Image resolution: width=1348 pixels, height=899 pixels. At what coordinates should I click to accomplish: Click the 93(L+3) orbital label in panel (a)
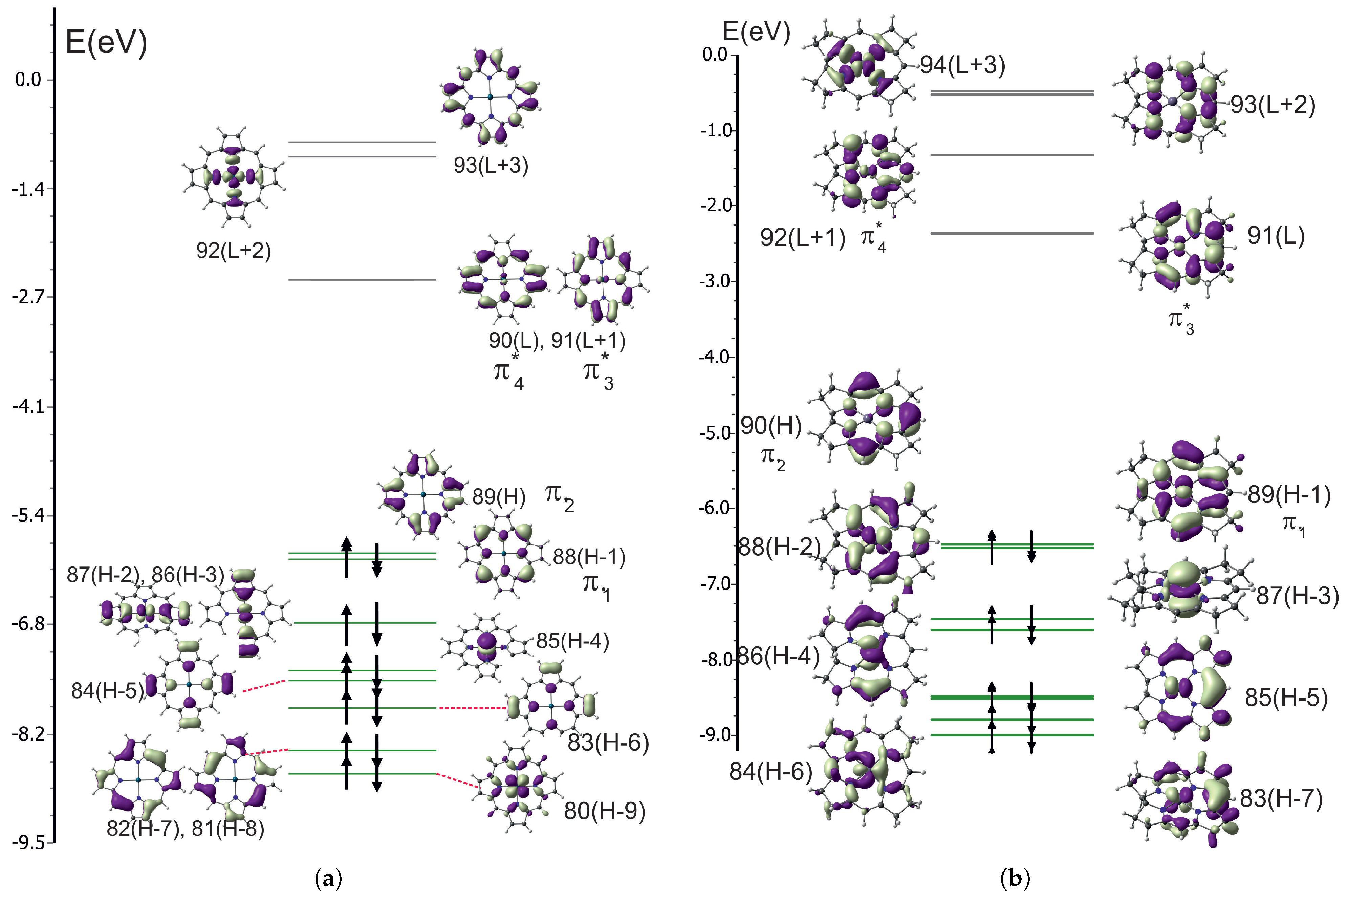click(491, 166)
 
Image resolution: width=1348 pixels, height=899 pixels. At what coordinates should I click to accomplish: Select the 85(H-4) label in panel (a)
click(572, 641)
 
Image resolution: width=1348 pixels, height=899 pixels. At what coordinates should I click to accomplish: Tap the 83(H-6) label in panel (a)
click(608, 743)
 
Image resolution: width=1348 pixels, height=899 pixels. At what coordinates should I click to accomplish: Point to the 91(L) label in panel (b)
click(1276, 236)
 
